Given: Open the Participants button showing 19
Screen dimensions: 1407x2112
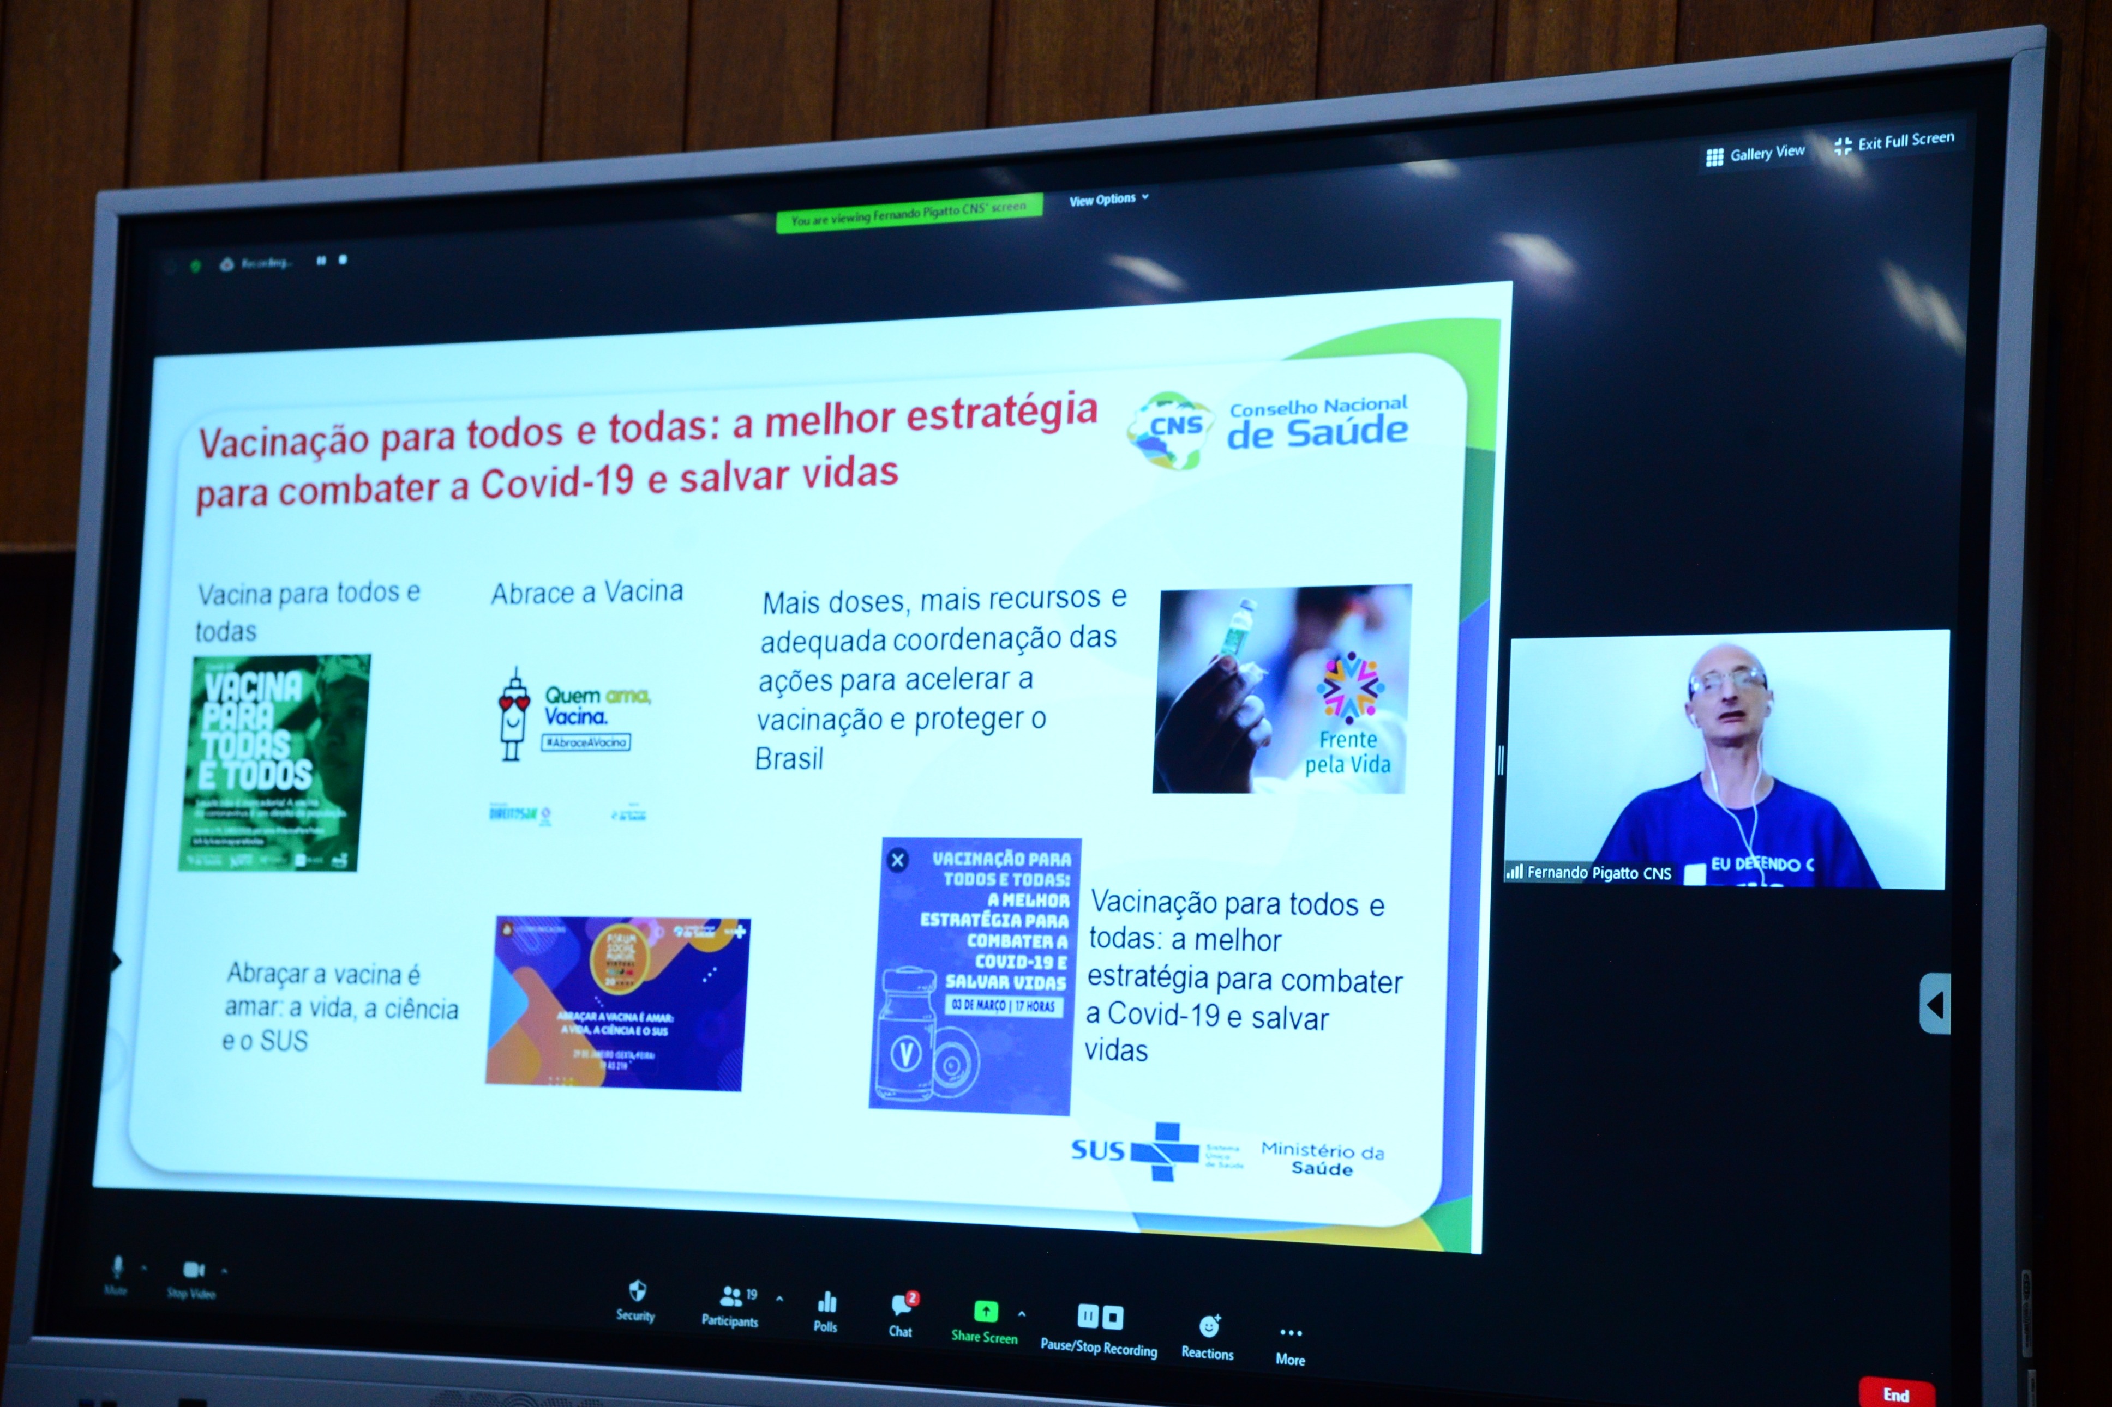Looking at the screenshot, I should click(730, 1304).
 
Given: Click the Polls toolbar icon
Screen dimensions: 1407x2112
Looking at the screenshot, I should click(826, 1311).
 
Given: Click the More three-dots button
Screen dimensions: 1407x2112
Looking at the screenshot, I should click(1291, 1343).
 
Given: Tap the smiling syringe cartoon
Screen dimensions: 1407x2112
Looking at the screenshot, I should click(513, 715).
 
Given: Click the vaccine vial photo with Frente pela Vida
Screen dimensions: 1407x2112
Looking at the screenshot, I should click(1281, 689).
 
